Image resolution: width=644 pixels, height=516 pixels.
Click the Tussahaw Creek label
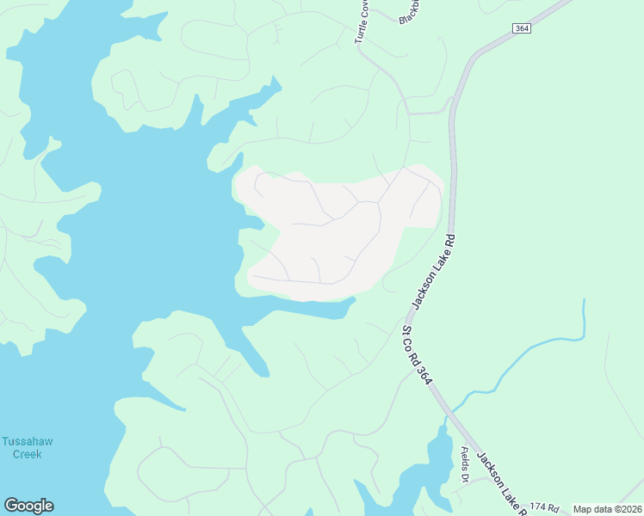[28, 447]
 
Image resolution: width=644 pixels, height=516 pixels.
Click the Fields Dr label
[466, 465]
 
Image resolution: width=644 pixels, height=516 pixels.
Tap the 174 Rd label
[544, 508]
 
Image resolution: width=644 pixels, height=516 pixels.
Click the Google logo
[28, 506]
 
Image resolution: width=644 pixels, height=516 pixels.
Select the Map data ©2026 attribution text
[607, 509]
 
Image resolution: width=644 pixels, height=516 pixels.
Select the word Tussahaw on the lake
[28, 441]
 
